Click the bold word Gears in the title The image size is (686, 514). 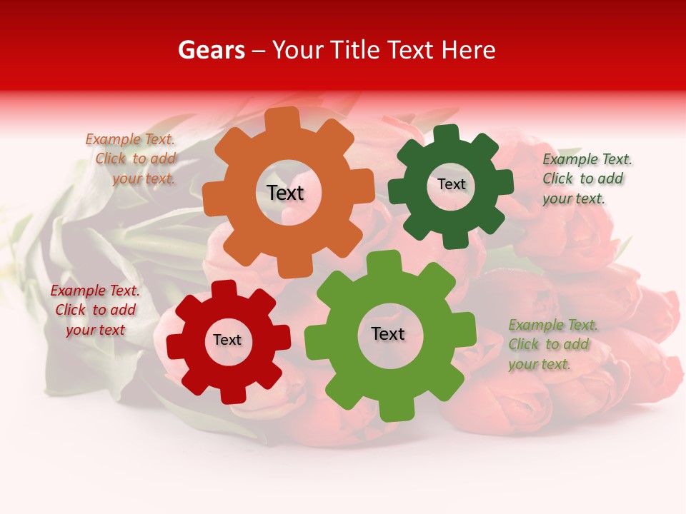(211, 50)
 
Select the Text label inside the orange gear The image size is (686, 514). (285, 193)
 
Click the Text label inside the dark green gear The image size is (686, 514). (451, 184)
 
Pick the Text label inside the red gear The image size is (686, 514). (227, 340)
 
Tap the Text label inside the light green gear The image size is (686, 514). (388, 333)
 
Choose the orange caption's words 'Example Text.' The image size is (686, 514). (130, 140)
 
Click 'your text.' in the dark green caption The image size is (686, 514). (574, 198)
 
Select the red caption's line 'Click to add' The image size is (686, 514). (96, 310)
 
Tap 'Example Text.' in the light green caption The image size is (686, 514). (553, 325)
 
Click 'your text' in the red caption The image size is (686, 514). (96, 330)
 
